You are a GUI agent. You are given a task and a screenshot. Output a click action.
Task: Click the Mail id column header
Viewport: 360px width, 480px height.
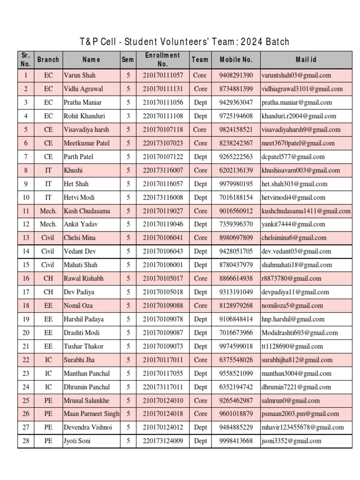click(306, 60)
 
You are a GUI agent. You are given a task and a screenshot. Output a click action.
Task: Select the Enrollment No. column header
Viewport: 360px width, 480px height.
click(162, 60)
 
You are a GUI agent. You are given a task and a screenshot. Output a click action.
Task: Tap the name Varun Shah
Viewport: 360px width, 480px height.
click(79, 75)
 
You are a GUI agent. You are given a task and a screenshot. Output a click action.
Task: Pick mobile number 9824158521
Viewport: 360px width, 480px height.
click(236, 129)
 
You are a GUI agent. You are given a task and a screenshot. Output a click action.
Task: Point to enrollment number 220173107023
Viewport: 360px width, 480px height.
click(163, 143)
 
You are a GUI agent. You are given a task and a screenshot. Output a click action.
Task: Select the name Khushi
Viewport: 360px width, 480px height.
click(73, 170)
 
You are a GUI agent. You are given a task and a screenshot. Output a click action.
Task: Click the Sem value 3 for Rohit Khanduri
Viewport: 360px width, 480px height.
click(128, 116)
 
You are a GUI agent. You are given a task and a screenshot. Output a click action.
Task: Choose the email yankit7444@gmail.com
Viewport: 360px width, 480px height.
click(293, 225)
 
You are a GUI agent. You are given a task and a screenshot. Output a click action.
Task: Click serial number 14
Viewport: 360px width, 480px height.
click(26, 252)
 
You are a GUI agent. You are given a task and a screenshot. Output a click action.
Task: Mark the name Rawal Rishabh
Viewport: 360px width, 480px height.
click(83, 279)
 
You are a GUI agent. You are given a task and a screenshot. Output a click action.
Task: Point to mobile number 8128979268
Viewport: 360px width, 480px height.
click(236, 306)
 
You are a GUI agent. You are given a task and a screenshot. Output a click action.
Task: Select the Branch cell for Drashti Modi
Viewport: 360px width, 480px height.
click(48, 333)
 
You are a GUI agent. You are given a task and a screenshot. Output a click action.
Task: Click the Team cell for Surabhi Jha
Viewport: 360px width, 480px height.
click(200, 360)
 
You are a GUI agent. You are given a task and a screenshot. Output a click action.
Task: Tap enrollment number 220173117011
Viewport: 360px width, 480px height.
click(163, 387)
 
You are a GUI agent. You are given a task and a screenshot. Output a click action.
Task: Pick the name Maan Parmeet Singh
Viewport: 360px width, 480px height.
click(91, 414)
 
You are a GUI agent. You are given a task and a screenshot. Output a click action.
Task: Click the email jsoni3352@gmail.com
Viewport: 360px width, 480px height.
click(292, 441)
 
